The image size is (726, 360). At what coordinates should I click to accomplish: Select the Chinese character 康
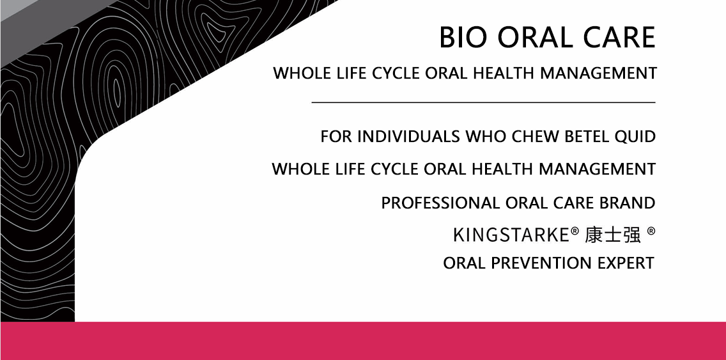pos(594,235)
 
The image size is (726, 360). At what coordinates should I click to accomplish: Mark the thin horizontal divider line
pos(483,102)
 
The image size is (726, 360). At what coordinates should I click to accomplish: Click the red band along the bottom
pos(363,341)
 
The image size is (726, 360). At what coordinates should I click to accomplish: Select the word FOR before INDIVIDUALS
pos(337,137)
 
